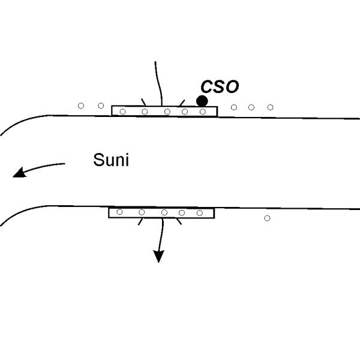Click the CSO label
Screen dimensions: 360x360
point(220,86)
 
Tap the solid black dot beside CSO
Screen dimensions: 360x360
point(202,100)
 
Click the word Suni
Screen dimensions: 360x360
point(111,160)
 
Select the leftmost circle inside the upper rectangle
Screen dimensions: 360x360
point(123,111)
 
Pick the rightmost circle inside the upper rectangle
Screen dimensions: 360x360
point(203,111)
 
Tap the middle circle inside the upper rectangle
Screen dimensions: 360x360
point(167,111)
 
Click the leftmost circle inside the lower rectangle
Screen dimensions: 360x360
point(119,212)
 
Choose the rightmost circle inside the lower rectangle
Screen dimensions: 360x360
point(200,212)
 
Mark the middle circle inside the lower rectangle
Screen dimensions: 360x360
point(164,212)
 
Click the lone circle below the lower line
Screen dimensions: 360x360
point(267,218)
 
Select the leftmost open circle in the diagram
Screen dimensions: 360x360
point(81,106)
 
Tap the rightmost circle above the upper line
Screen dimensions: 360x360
point(270,107)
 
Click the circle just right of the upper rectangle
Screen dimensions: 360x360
point(234,107)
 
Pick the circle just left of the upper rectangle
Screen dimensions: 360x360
point(100,106)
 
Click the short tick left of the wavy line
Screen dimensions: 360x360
point(143,101)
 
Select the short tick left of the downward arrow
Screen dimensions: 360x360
point(140,221)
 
